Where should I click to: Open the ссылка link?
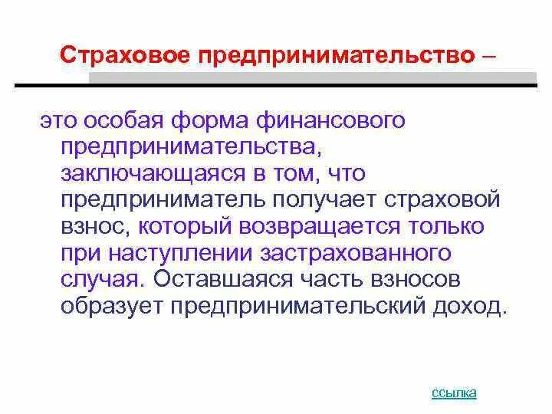pos(454,393)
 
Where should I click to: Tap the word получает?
pos(322,200)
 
